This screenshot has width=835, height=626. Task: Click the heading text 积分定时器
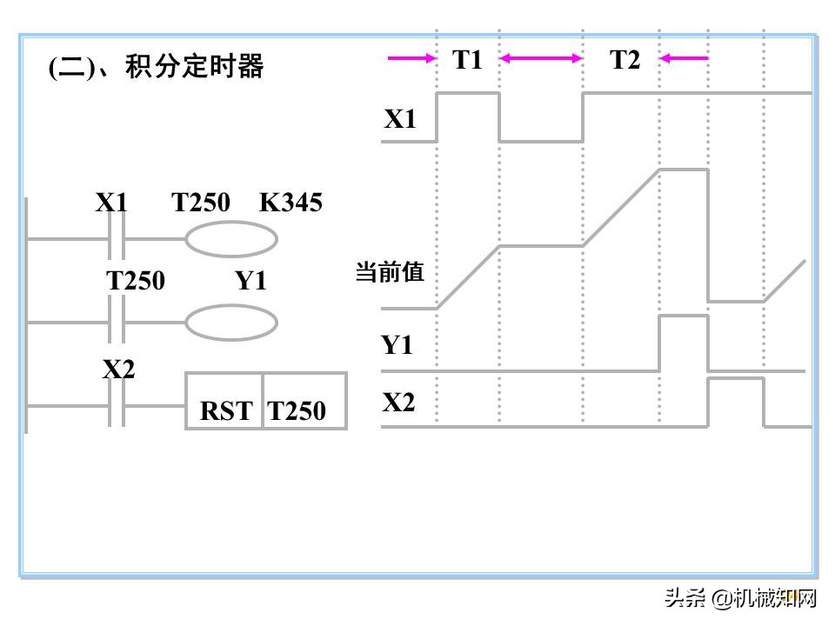194,67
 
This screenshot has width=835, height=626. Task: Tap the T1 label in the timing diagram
467,60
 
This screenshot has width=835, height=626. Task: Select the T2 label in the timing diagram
625,60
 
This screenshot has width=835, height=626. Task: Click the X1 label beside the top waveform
400,120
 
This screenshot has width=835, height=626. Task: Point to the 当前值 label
389,272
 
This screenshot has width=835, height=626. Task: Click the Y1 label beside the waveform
397,345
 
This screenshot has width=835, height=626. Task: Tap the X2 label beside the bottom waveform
398,402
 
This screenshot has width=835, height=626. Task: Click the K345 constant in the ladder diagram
291,203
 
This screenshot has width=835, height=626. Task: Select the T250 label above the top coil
201,203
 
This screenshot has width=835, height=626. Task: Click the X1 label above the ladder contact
111,203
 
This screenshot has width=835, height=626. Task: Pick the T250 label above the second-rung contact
136,281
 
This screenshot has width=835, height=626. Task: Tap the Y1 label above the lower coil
250,281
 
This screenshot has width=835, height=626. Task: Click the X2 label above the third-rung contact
119,370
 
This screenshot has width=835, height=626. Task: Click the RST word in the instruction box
226,410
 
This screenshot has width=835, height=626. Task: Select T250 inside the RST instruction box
297,410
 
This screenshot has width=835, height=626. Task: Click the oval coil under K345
231,239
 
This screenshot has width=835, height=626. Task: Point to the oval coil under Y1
231,323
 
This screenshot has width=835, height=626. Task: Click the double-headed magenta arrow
541,59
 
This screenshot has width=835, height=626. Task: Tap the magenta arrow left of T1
411,59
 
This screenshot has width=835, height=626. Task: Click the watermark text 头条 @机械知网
741,598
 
